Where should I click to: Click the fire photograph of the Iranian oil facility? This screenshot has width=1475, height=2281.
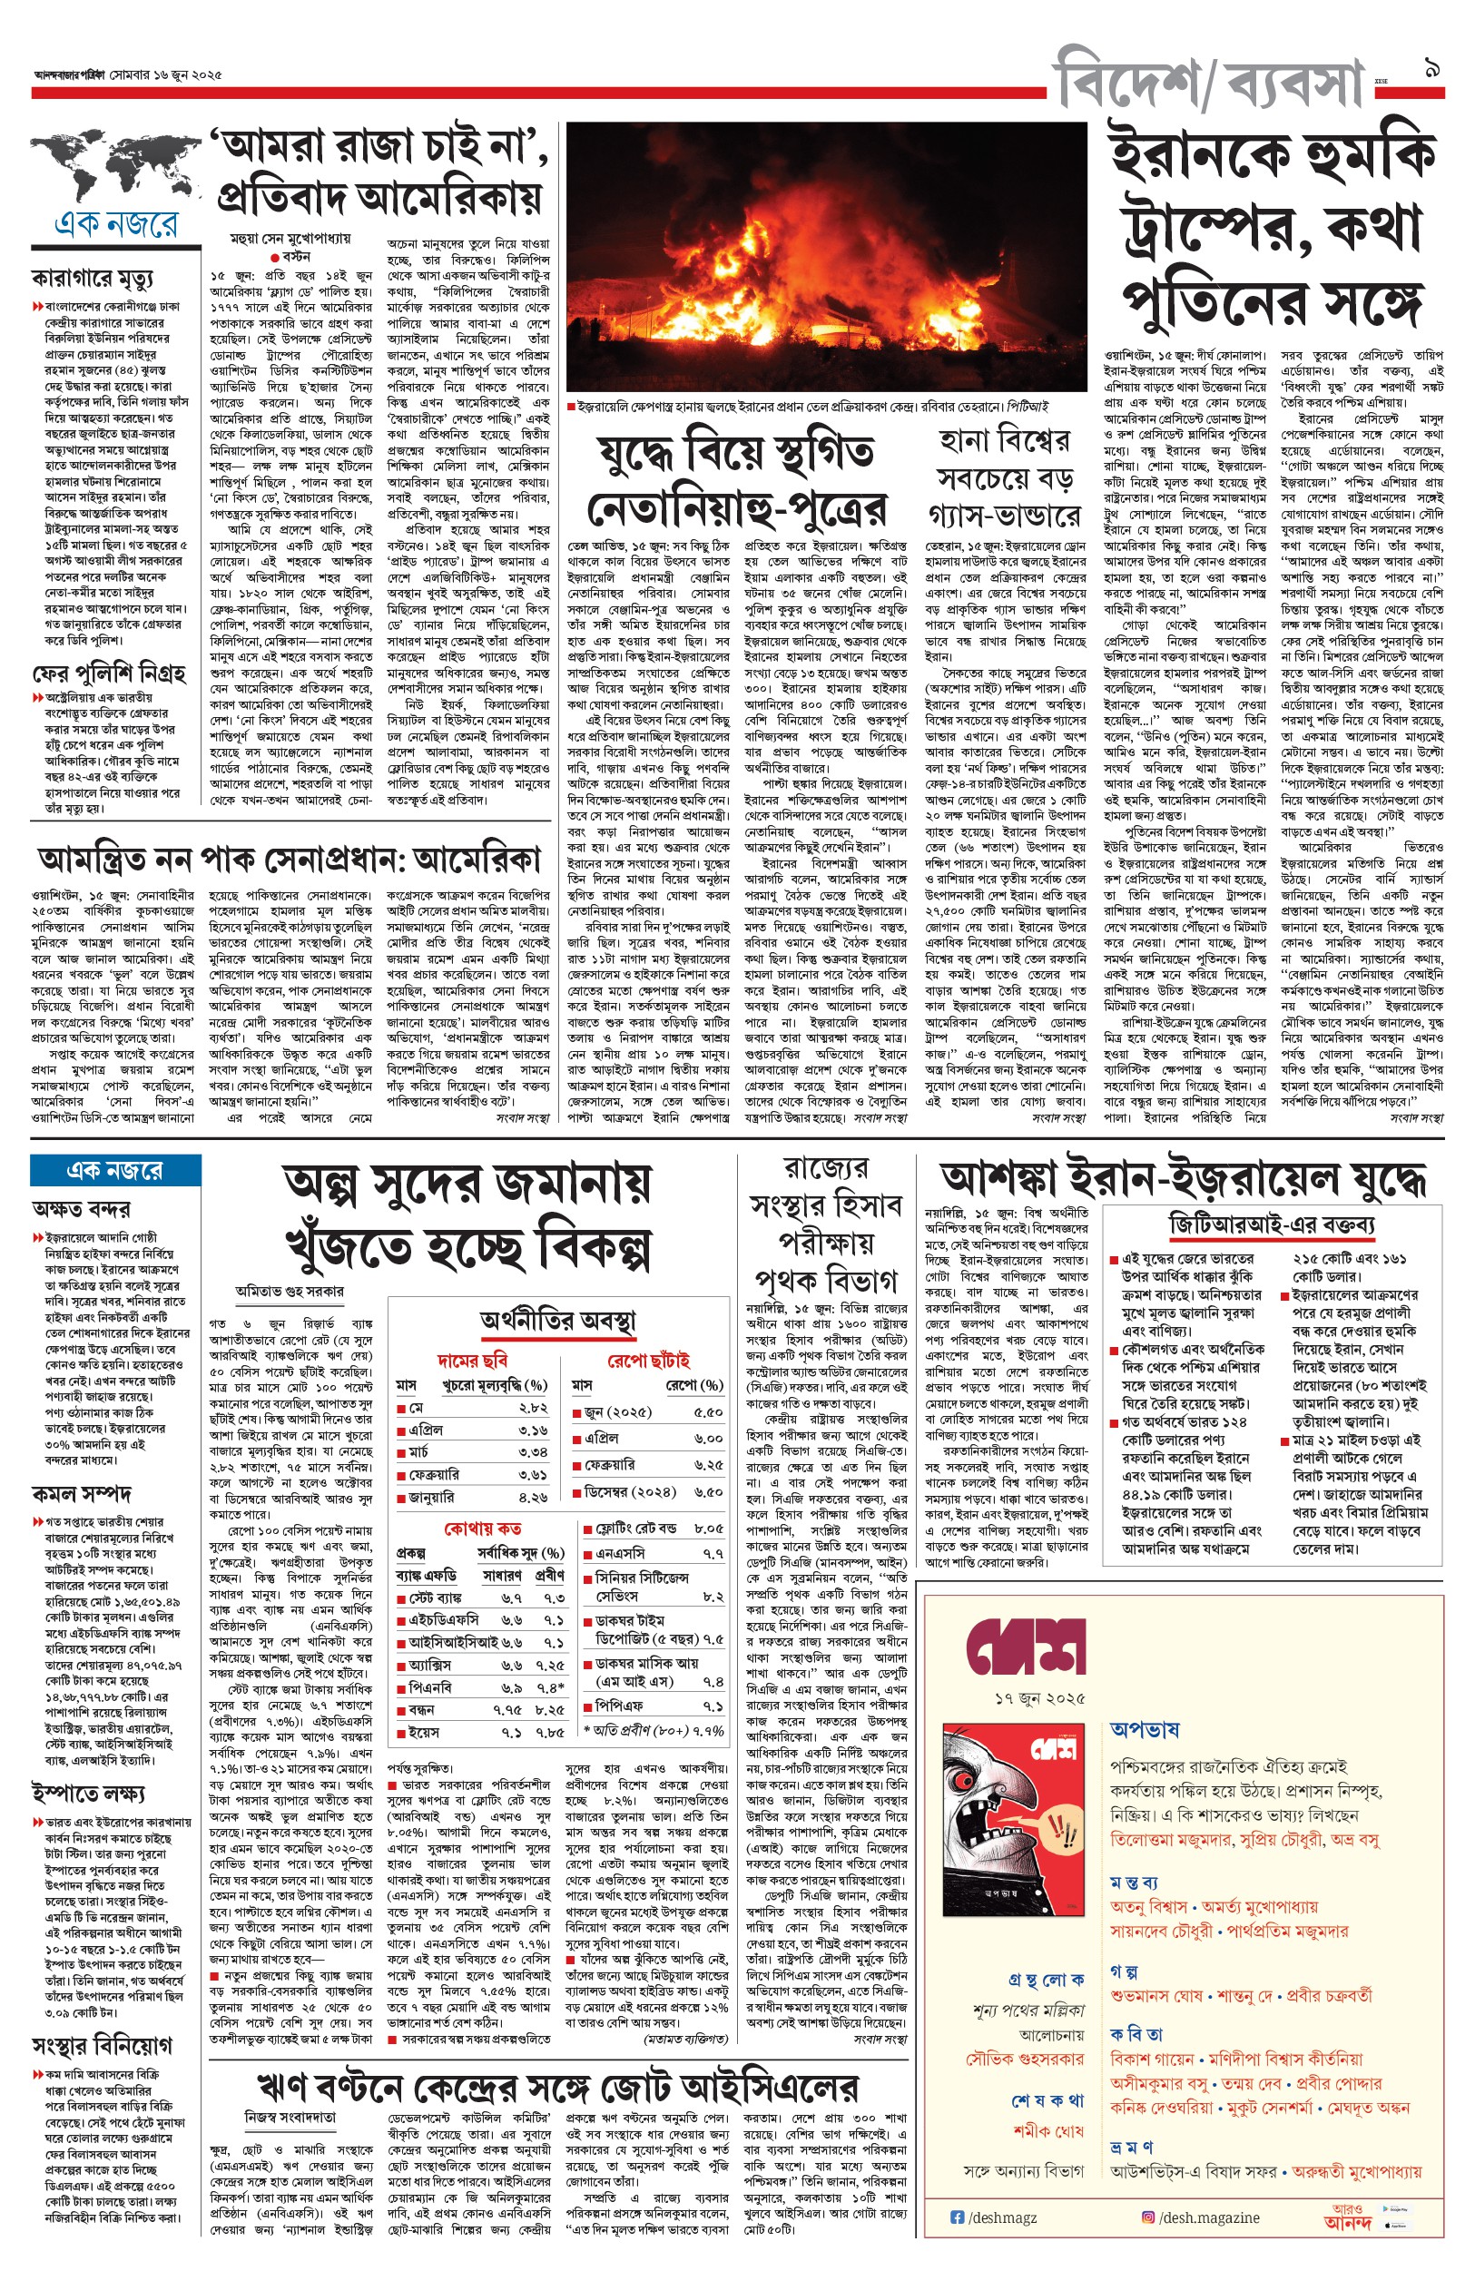coord(830,259)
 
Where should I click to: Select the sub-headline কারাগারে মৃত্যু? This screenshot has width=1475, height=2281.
coord(92,279)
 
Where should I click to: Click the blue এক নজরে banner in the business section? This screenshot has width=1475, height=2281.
coord(115,1170)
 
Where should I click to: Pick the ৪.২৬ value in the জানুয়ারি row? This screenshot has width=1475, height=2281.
coord(534,1497)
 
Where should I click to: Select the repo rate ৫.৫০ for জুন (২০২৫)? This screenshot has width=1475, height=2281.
coord(708,1412)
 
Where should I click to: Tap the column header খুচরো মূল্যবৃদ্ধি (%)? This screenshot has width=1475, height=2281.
coord(494,1386)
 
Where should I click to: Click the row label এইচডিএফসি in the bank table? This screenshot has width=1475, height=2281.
coord(445,1619)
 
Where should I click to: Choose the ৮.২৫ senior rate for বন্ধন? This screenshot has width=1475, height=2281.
coord(550,1709)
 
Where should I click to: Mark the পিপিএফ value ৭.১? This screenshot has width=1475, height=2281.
coord(713,1706)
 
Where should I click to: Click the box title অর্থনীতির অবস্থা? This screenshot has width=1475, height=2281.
coord(557,1322)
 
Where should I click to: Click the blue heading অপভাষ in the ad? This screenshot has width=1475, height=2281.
coord(1145,1728)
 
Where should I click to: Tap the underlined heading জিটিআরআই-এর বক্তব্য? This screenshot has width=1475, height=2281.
coord(1272,1224)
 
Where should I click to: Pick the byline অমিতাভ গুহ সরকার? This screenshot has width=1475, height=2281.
coord(290,1291)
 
